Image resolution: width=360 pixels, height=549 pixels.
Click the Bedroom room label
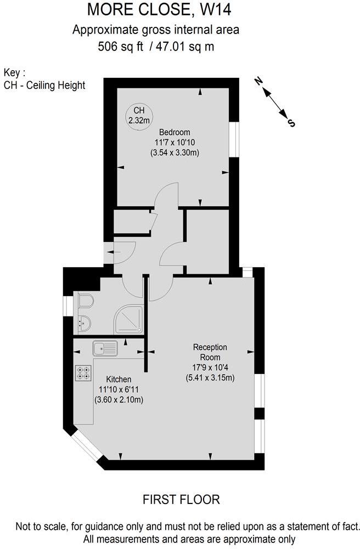[175, 132]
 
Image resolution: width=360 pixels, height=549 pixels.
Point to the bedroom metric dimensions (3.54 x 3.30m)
[175, 153]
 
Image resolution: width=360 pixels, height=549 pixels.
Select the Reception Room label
[210, 352]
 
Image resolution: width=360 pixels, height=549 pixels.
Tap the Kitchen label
[119, 379]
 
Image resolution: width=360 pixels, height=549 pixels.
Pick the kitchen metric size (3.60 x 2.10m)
[119, 400]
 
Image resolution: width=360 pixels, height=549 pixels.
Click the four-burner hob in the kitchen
[83, 373]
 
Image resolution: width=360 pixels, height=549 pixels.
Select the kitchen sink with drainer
[104, 348]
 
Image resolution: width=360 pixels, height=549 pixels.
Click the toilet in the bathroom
[85, 302]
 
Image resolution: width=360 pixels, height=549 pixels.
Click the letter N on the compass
[258, 82]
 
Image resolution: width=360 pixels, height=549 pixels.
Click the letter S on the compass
[291, 123]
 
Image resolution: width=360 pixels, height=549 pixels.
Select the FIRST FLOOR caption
[181, 499]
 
